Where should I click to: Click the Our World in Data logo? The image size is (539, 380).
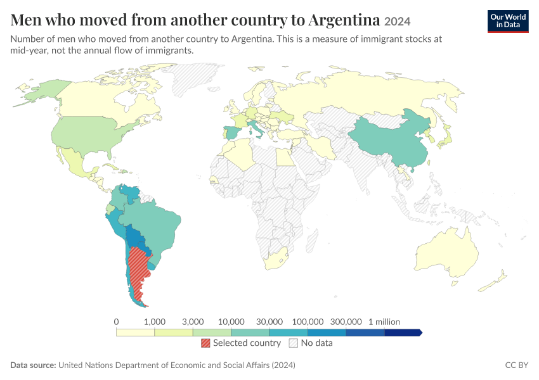508,22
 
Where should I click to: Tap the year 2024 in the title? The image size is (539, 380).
397,22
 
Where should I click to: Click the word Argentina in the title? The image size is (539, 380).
344,20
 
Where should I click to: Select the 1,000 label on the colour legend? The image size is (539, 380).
154,322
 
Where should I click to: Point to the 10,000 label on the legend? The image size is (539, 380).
231,322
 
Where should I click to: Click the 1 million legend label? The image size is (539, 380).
384,322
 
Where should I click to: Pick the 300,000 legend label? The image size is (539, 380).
346,322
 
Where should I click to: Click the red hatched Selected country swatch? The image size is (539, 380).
205,343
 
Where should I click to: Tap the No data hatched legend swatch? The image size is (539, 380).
294,343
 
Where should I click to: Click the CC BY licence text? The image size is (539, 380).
516,365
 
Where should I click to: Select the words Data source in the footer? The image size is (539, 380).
33,365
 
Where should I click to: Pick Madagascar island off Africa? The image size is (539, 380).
311,240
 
